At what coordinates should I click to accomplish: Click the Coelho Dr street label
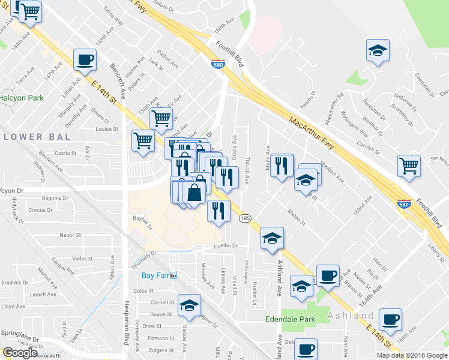click(228, 245)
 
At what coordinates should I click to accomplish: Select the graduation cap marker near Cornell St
click(190, 305)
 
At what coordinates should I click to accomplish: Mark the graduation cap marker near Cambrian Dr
click(378, 50)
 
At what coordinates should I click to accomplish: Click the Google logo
click(20, 353)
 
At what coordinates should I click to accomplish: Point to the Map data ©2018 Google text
click(412, 355)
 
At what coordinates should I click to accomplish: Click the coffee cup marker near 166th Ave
click(391, 319)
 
